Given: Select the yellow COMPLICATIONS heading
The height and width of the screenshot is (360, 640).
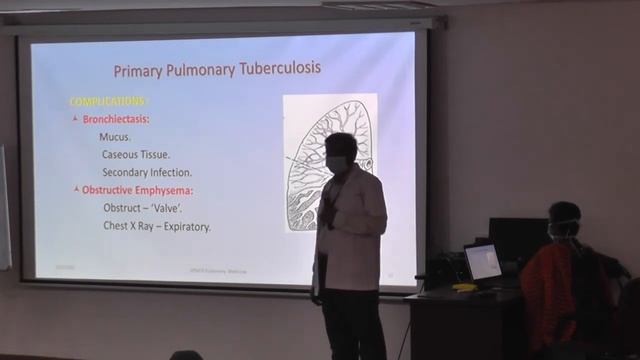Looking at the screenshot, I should (x=108, y=101).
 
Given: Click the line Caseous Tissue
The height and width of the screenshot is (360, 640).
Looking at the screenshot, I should (x=136, y=155).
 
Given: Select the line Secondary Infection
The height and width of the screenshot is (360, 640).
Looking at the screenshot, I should (x=146, y=172).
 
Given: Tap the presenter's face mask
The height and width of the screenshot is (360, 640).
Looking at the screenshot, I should (x=337, y=163).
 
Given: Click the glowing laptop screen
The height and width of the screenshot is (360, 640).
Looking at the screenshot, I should (x=483, y=262).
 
